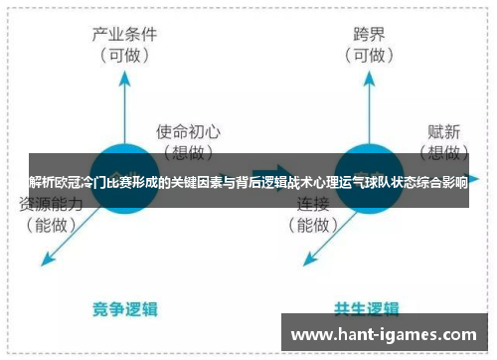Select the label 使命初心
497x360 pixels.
(190, 130)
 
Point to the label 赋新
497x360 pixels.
(442, 130)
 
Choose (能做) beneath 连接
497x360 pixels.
(314, 226)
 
